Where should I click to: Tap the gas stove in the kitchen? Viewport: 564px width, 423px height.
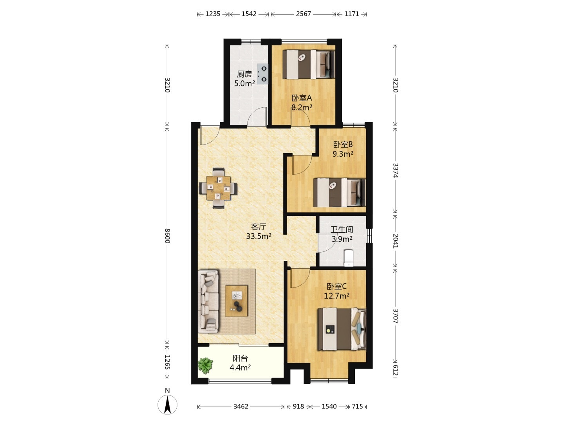coord(262,74)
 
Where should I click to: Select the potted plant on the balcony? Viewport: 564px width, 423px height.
coord(205,365)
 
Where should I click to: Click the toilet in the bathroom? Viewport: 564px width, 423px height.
coord(349,258)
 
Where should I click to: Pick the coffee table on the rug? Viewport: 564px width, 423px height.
coord(237,301)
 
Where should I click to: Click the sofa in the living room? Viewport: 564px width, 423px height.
coord(208,302)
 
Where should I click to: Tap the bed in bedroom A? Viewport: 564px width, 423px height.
coord(309,64)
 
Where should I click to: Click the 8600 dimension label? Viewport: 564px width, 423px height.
coord(167,235)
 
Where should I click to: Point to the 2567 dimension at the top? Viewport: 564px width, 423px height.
coord(304,14)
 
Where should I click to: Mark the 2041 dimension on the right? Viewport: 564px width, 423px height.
coord(396,240)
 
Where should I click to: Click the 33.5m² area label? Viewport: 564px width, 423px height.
coord(259,236)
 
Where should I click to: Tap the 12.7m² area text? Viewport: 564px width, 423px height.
coord(336,296)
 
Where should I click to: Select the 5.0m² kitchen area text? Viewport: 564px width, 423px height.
coord(244,83)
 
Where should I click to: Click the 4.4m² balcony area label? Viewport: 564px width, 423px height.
coord(240,367)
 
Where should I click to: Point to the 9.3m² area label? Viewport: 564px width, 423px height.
coord(343,154)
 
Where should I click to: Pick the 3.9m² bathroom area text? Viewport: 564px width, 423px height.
coord(342,239)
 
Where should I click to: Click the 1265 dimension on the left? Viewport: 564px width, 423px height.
coord(167,362)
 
